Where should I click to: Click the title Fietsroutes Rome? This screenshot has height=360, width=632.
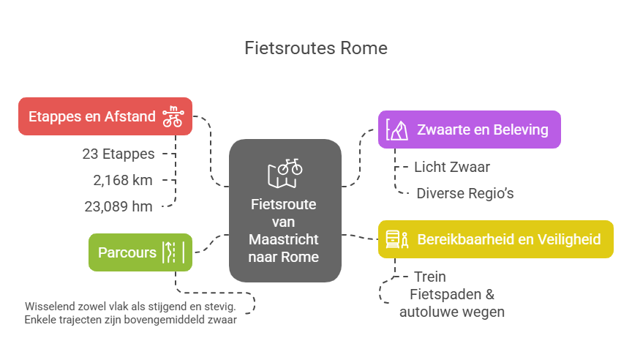pos(315,49)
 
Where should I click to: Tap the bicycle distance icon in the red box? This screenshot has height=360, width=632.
pos(173,117)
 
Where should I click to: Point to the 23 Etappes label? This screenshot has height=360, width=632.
pos(118,154)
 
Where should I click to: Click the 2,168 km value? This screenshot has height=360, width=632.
pos(121,180)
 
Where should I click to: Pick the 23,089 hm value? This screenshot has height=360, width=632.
pos(118,206)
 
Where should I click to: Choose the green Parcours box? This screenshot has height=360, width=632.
pos(140,252)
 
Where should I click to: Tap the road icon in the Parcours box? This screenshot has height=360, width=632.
pos(173,252)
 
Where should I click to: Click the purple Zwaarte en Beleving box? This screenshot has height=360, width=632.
pos(469,130)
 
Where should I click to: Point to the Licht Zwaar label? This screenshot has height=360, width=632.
pos(451,167)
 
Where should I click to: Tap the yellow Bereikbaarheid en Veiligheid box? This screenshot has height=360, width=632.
pos(495,239)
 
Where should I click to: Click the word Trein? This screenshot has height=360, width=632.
pos(429,277)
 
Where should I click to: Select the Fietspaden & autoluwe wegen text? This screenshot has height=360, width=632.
pos(451,303)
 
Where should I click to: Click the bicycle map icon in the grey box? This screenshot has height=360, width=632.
pos(285,173)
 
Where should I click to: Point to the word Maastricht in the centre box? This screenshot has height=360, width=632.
pos(285,240)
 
